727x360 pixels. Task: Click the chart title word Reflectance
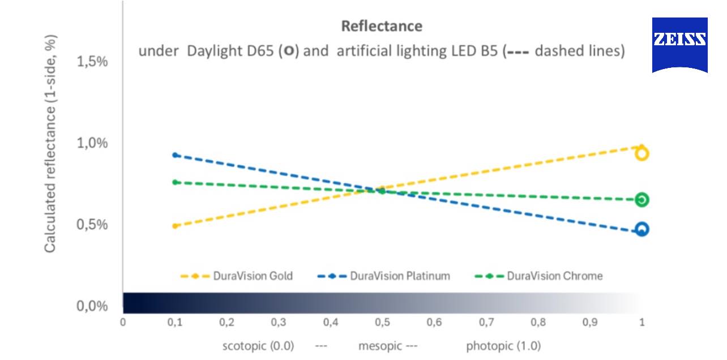pos(382,26)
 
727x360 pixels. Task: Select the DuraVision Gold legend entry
pos(253,276)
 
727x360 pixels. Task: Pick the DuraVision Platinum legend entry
pos(400,276)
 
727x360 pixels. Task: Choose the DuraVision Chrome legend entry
pos(554,276)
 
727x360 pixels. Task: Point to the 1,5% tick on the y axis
pos(92,62)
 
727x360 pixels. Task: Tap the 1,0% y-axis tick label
pos(92,143)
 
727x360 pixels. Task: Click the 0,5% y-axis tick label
pos(92,225)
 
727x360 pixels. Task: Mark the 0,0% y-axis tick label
pos(92,307)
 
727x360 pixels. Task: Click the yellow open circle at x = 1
pos(642,153)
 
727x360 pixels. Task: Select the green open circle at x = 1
pos(642,199)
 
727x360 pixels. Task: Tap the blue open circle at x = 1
pos(642,229)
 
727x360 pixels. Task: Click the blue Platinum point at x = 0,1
pos(176,155)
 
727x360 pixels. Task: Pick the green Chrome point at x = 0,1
pos(176,182)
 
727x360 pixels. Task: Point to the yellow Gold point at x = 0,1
pos(176,226)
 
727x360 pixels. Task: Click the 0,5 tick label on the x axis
pos(383,323)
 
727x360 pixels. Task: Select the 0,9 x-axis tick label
pos(590,323)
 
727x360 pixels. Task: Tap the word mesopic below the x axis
pos(380,346)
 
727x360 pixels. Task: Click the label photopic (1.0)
pos(503,346)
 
